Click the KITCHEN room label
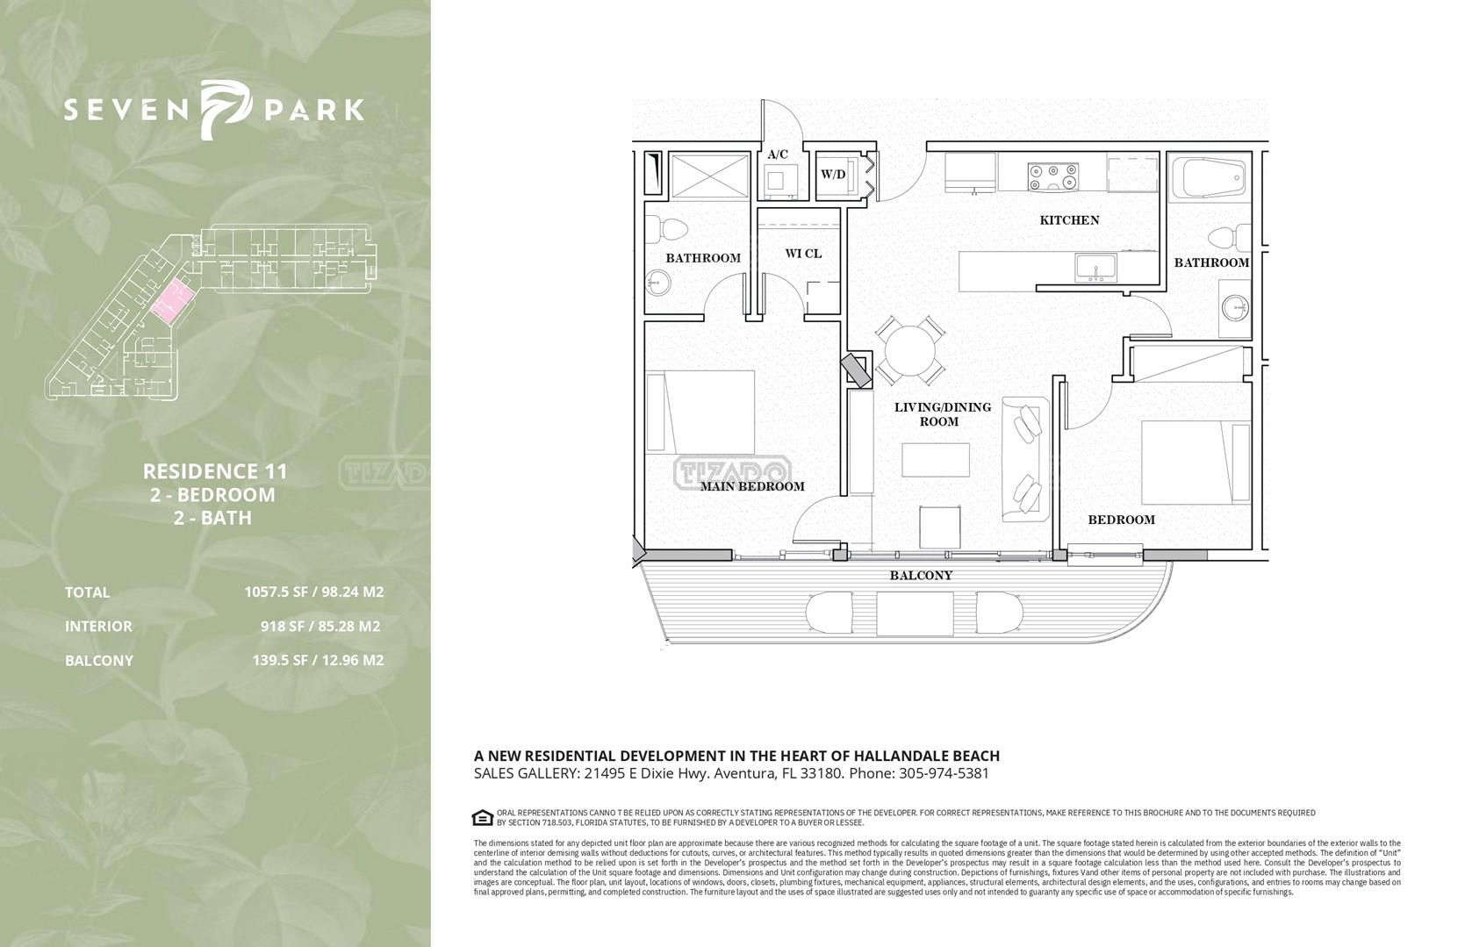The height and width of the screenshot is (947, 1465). coord(1069,220)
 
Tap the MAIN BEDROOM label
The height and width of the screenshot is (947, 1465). coord(752,486)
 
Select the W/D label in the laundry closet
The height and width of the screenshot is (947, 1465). coord(833,175)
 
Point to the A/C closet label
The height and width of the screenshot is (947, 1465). coord(778,155)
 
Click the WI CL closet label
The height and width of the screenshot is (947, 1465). coord(803,254)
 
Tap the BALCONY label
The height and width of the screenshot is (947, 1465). coord(921,576)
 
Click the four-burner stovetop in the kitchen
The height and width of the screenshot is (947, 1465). coord(1053,176)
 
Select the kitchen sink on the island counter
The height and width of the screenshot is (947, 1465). coord(1095,269)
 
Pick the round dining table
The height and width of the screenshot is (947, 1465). coord(909,350)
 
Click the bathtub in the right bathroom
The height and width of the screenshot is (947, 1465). coord(1209,176)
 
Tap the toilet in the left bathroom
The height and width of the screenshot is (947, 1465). coord(668,229)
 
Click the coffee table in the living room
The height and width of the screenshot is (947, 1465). coord(935,460)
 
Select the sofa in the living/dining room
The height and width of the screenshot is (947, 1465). coord(1025,459)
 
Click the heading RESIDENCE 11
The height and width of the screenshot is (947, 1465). coord(215,471)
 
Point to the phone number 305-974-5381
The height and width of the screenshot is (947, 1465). coord(944,774)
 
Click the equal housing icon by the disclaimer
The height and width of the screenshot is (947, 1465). coord(483,818)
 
